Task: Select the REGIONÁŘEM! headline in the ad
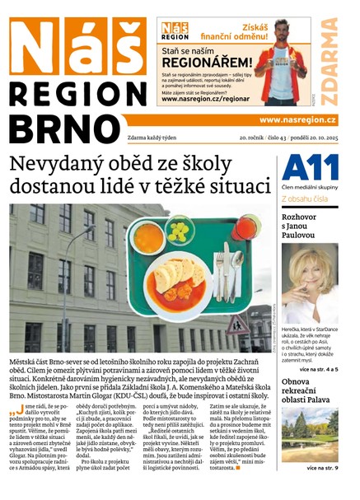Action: (206, 61)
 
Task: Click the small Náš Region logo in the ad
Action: (175, 32)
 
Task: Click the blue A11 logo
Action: (310, 168)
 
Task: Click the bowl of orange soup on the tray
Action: (150, 238)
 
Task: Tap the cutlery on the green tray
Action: (222, 272)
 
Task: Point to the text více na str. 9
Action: (322, 468)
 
